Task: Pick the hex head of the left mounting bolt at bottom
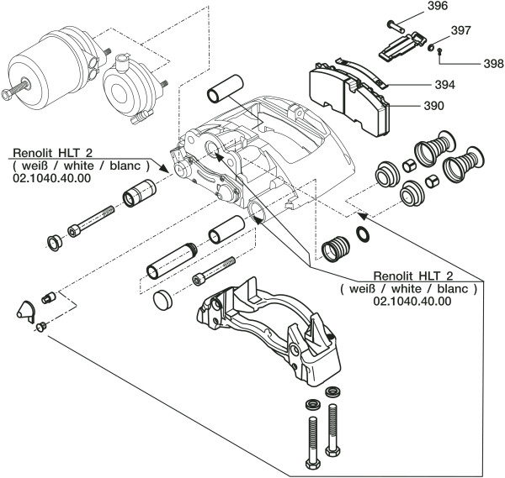309,464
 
